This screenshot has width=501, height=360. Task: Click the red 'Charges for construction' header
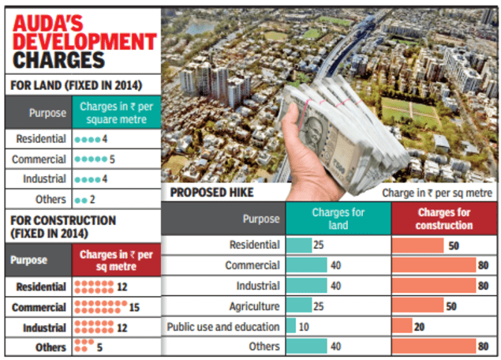tap(445, 219)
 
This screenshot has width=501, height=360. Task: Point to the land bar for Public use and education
tap(291, 326)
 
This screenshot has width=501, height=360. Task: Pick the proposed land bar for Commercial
tap(306, 265)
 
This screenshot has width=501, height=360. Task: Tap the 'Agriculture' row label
tap(254, 306)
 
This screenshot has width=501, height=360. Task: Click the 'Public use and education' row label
tap(223, 326)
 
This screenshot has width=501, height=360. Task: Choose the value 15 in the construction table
tap(122, 306)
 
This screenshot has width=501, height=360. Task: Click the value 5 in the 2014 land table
tap(113, 158)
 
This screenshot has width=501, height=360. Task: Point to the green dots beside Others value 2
tap(81, 200)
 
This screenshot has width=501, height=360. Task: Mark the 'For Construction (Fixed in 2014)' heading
tap(58, 227)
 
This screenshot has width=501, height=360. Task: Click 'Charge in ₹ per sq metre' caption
tap(437, 193)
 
